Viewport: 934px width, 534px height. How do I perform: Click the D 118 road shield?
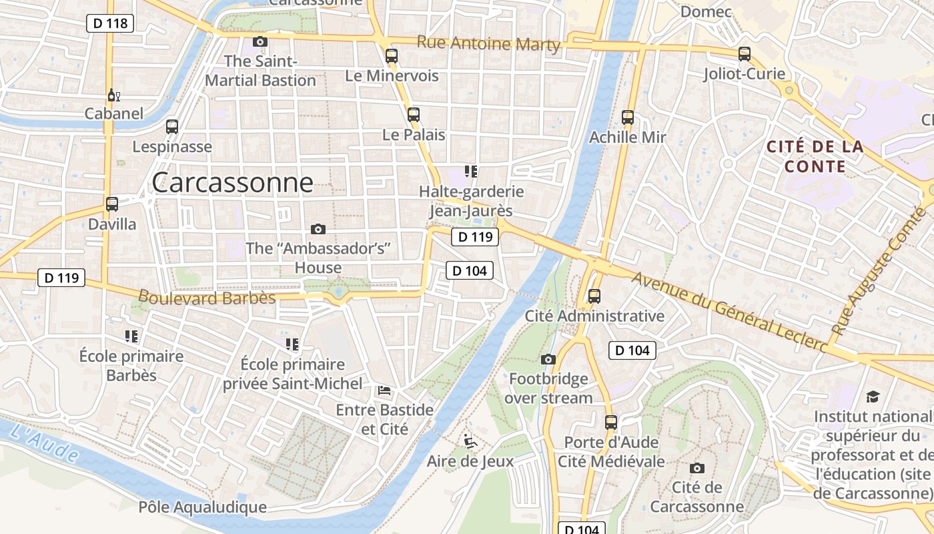coord(110,23)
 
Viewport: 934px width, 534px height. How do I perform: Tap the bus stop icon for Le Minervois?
coord(392,56)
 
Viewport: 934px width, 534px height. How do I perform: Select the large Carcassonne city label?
coord(232,182)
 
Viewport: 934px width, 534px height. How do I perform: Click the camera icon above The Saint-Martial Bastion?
coord(260,41)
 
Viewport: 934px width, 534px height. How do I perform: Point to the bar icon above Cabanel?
coord(113,95)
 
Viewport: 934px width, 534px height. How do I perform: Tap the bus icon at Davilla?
coord(112,204)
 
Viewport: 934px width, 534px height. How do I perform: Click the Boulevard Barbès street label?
coord(207,297)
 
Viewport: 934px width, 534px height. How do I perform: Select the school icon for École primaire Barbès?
coord(131,336)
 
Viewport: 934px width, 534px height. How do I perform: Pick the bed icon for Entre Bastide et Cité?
coord(384,390)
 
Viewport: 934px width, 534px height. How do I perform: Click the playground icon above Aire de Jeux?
coord(470,441)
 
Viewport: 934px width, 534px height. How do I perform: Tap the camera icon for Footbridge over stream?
coord(548,360)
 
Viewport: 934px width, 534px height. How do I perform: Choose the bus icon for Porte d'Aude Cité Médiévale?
coord(611,423)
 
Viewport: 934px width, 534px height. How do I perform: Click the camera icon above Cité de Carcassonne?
coord(697,468)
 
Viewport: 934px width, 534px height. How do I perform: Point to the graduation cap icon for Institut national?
coord(873,397)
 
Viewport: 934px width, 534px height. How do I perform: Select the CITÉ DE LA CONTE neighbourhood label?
coord(815,156)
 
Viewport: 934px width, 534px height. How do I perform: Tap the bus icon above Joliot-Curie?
coord(745,54)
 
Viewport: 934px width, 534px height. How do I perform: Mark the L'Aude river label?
coord(45,443)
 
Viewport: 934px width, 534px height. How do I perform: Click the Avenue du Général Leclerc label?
coord(730,312)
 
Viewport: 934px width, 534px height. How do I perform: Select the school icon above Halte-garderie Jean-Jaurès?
coord(471,172)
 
